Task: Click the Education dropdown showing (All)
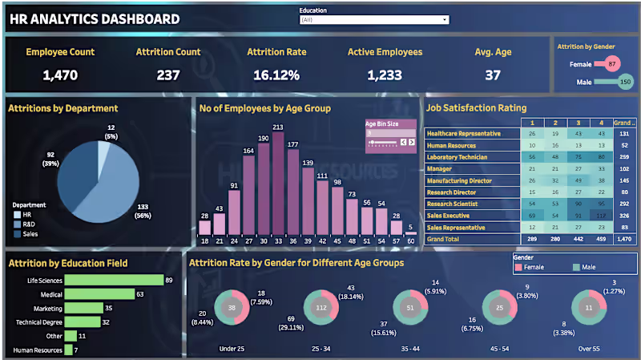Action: tap(373, 20)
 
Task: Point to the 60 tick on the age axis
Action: tap(410, 241)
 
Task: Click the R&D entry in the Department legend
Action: tap(30, 224)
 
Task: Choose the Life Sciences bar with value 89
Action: tap(114, 280)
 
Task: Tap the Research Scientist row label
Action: tap(454, 204)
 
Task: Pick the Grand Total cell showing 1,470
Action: tap(625, 239)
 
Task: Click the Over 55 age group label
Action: tap(591, 349)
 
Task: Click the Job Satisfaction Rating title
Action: tap(476, 107)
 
